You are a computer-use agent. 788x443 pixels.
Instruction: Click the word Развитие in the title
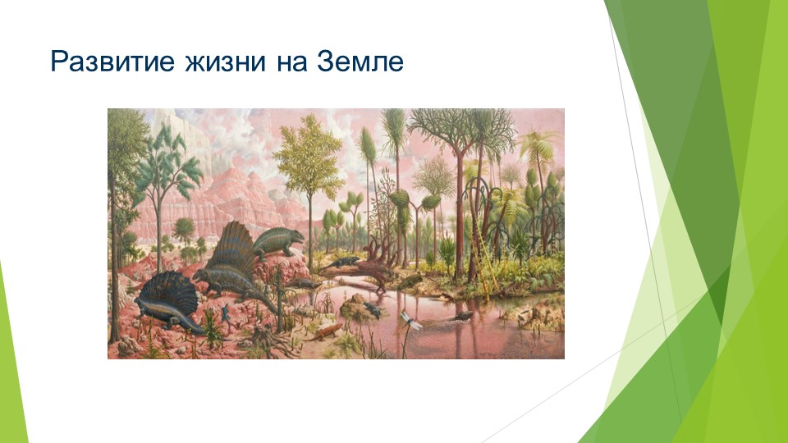(103, 62)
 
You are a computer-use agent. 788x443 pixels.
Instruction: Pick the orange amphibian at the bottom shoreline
(327, 330)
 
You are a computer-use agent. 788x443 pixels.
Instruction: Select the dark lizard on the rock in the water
(372, 309)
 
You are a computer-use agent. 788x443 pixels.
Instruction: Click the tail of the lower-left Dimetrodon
(194, 328)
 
